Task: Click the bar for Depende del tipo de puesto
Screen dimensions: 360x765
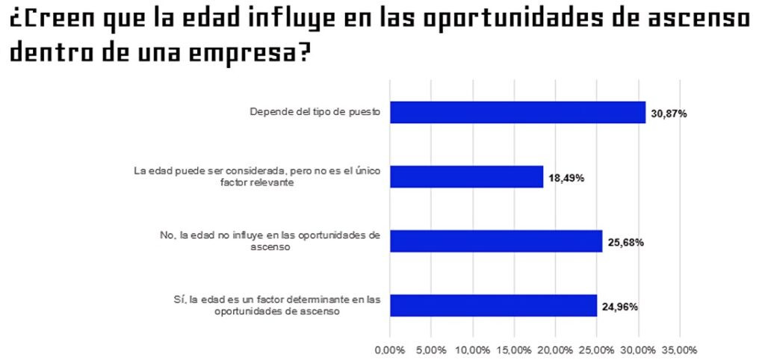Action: point(517,112)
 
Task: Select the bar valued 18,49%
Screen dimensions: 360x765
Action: point(466,176)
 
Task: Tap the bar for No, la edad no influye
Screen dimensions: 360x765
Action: point(496,240)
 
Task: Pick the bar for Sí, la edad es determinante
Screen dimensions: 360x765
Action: point(493,305)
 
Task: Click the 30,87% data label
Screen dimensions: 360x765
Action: point(669,114)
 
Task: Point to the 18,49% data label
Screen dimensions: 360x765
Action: point(566,178)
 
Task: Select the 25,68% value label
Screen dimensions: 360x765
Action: point(626,242)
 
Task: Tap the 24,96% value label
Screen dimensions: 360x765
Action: point(621,306)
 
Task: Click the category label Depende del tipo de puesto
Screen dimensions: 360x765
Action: point(315,113)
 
